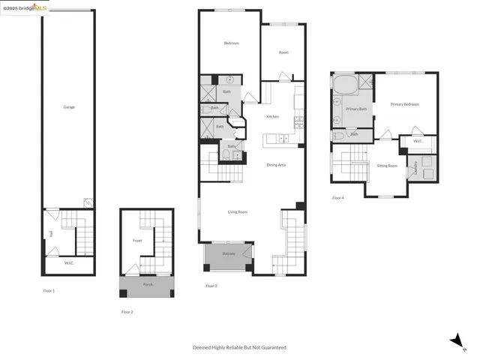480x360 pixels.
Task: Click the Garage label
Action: pos(69,107)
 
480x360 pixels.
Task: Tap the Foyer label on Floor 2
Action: pos(137,241)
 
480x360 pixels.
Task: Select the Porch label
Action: pos(146,285)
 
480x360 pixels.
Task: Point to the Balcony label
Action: pos(229,255)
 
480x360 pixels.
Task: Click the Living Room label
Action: pos(238,212)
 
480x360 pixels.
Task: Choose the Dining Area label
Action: pos(276,165)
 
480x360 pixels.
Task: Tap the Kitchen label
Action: pos(273,116)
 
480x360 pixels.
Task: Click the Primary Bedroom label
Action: pos(404,104)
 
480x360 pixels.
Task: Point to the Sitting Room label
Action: pos(387,165)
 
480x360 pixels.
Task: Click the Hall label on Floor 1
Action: pos(51,234)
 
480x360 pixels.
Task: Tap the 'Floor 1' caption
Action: pos(49,290)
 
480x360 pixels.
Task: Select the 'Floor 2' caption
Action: pos(127,311)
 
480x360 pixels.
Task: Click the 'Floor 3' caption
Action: pos(211,286)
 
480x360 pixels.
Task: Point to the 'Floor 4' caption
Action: pos(338,198)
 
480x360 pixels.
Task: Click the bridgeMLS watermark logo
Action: pos(25,7)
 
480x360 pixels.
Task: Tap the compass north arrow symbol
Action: pos(455,341)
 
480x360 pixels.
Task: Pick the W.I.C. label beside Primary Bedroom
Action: pos(417,140)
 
